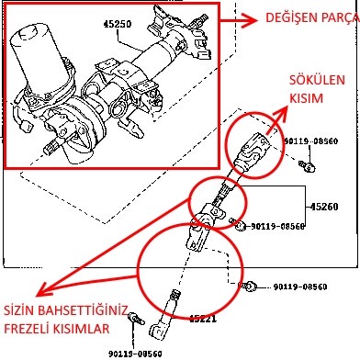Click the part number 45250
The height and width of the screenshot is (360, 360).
coord(118,24)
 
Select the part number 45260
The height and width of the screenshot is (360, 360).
coord(324,207)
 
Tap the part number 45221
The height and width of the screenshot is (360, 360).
coord(203,319)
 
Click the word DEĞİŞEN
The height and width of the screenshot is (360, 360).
coord(287,17)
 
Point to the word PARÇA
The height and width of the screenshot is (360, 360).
coord(336,18)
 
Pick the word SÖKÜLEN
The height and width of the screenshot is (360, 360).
coord(317,80)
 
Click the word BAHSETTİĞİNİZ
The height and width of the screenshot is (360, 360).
coord(82,310)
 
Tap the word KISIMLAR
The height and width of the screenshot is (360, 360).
coord(82,329)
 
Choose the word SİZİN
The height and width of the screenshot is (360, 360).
coord(18,310)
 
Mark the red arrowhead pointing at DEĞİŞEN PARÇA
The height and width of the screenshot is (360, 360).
coord(253,21)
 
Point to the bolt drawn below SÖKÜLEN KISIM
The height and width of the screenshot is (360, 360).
coord(307,166)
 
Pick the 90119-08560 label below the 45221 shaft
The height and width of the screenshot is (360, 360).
coord(135,354)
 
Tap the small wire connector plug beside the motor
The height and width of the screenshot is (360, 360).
coord(26,126)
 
